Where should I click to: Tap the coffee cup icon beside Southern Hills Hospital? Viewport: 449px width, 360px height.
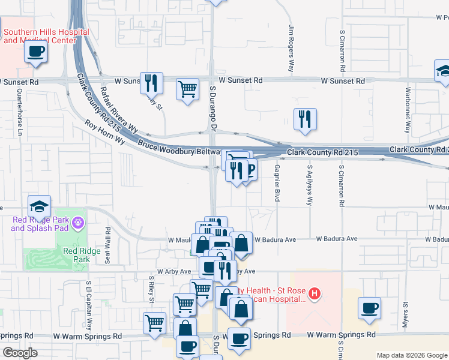point(36,52)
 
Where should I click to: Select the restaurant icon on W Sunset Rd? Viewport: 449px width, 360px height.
point(151,82)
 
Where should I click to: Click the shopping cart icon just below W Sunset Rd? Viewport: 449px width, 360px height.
point(188,89)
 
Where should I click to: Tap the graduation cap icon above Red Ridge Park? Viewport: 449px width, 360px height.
point(39,206)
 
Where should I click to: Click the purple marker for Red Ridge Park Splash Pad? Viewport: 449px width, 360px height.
point(77,224)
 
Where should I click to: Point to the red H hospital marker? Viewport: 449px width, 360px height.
point(315,293)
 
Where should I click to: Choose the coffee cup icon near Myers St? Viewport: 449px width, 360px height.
point(369,308)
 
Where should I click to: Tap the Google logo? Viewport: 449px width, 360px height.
point(20,353)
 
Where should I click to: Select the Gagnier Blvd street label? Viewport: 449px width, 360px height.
point(277,182)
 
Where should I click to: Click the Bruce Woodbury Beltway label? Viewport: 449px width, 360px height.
point(180,148)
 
